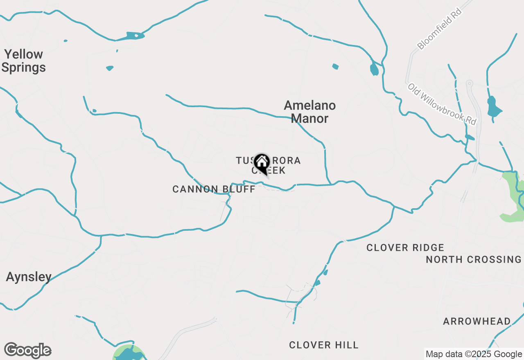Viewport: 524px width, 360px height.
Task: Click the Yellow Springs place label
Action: [x=24, y=61]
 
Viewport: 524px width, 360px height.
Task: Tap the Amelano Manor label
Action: [x=310, y=112]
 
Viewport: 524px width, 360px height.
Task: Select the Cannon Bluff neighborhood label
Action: [x=214, y=189]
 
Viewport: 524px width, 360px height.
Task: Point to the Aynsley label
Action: [x=29, y=277]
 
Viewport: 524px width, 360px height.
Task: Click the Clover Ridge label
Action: [x=405, y=248]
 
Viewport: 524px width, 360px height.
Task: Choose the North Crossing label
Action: [x=474, y=259]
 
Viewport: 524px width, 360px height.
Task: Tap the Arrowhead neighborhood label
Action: [x=477, y=321]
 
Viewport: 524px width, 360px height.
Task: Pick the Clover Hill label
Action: [x=324, y=345]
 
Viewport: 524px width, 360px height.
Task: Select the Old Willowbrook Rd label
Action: [x=443, y=104]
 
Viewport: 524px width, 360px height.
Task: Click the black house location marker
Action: [x=262, y=163]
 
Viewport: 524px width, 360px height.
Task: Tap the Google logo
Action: [x=27, y=351]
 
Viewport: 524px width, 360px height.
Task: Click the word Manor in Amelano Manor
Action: [x=310, y=119]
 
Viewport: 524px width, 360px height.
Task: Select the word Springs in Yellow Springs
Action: [x=24, y=67]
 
